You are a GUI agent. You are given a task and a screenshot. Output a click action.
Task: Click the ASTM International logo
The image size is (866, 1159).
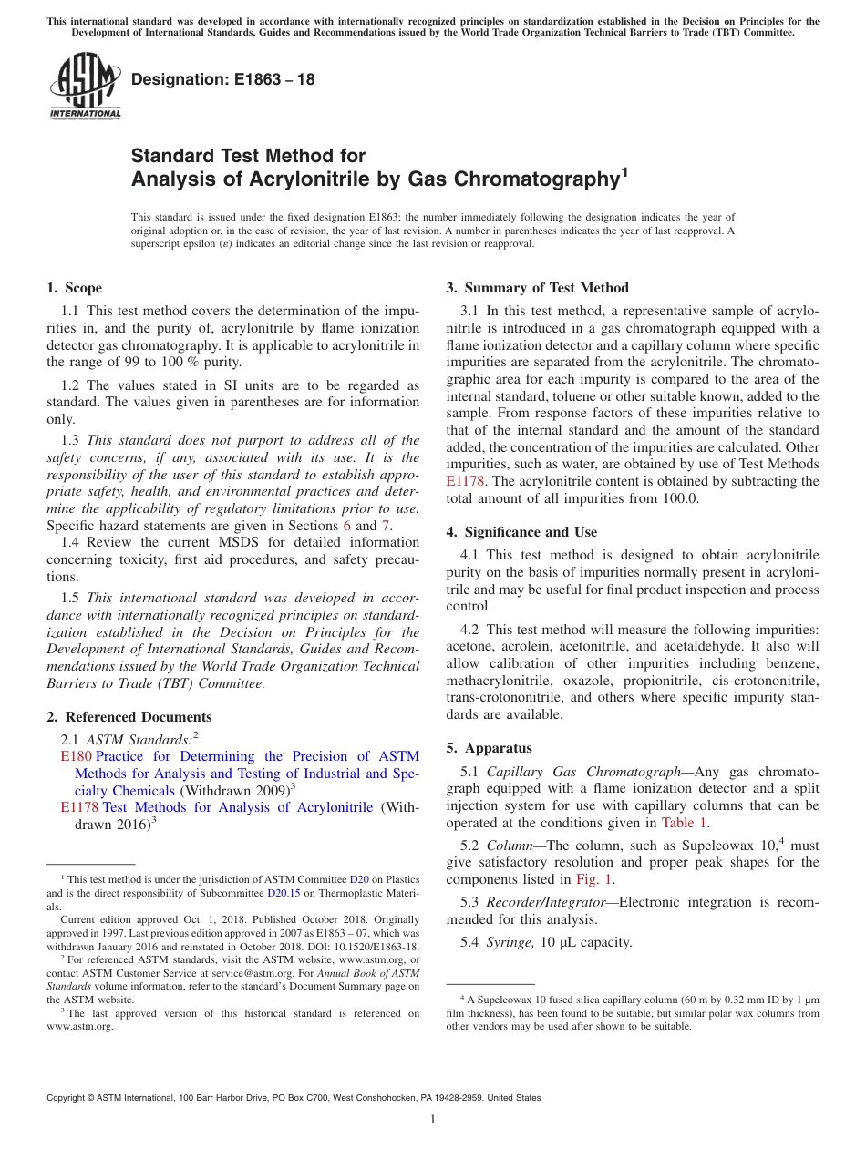pos(84,87)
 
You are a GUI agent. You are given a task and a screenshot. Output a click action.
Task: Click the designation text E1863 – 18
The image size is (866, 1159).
pos(223,79)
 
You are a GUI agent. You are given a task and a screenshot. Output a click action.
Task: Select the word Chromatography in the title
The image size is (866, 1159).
pos(537,179)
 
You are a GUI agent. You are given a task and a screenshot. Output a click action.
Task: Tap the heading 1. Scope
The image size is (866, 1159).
pos(74,288)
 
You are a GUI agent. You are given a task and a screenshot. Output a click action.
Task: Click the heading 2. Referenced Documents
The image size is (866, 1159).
pos(129,717)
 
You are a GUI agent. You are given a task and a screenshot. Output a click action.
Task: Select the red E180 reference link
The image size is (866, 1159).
pos(76,756)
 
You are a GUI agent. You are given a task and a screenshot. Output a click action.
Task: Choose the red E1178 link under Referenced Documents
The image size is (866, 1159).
pos(79,807)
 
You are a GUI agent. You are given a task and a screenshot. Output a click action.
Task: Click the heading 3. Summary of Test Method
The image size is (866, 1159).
pos(537,288)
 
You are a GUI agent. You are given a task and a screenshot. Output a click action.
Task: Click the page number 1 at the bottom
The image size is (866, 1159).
pos(433,1120)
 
